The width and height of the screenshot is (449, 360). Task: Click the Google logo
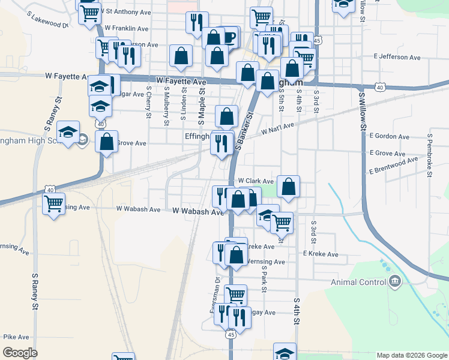pyautogui.click(x=20, y=353)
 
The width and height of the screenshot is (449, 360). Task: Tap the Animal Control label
pyautogui.click(x=358, y=282)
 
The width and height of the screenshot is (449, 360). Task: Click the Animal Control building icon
pyautogui.click(x=395, y=282)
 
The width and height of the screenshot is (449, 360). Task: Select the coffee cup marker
pyautogui.click(x=229, y=37)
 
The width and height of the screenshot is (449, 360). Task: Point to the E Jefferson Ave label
pyautogui.click(x=397, y=57)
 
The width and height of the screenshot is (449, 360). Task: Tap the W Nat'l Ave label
pyautogui.click(x=277, y=128)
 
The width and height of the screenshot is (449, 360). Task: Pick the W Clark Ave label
pyautogui.click(x=256, y=181)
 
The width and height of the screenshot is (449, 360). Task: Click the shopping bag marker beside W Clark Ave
pyautogui.click(x=289, y=187)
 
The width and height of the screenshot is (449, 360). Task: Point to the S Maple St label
pyautogui.click(x=202, y=106)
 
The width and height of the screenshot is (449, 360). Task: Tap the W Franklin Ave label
pyautogui.click(x=126, y=28)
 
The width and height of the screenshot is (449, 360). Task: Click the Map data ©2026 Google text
pyautogui.click(x=411, y=355)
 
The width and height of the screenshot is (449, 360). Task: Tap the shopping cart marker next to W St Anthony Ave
pyautogui.click(x=89, y=12)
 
